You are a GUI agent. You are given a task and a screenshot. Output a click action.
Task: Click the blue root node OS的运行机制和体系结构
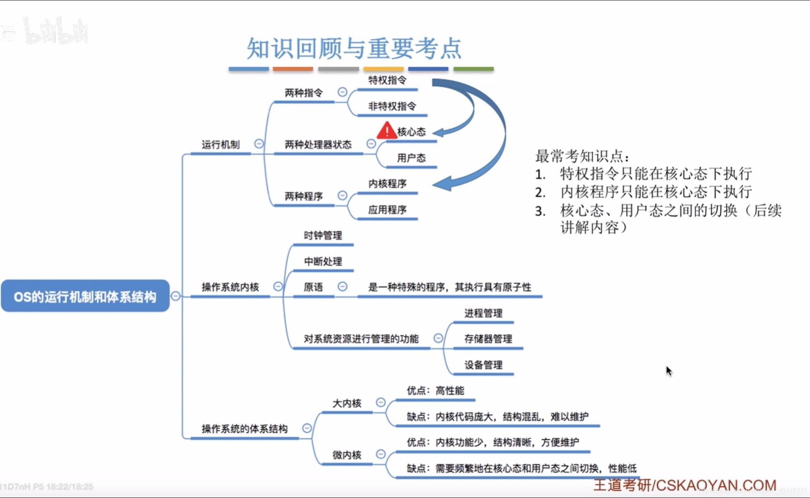coord(85,296)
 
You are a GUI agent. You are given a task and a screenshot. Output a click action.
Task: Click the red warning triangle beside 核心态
coord(386,131)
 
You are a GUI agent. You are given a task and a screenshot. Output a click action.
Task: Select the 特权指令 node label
coord(387,80)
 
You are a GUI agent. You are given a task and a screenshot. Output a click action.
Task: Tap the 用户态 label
coord(411,158)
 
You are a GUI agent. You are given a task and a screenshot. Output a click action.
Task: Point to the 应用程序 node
coord(387,210)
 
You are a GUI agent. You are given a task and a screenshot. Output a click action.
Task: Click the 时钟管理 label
coord(323,235)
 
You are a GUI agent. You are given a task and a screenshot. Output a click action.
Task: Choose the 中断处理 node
coord(323,261)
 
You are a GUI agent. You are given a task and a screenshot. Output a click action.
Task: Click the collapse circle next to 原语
coord(342,286)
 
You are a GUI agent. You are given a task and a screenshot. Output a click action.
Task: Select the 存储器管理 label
coord(488,339)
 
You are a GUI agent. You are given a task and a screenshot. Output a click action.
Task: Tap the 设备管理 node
coord(483,365)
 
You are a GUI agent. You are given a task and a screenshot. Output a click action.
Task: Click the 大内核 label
coord(347,403)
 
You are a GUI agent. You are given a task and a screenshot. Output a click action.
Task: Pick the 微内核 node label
coord(347,455)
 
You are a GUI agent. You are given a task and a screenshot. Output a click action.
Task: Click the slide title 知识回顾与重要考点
coord(354,49)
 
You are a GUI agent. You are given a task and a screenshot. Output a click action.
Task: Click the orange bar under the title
coord(293,69)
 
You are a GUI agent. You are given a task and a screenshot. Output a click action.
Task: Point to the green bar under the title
coord(473,69)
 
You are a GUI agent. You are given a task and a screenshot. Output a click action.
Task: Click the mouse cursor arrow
coord(669,371)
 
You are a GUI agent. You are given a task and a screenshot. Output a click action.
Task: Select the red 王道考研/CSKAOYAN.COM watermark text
coord(685,485)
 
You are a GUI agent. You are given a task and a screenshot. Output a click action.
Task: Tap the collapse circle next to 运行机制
coord(259,144)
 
